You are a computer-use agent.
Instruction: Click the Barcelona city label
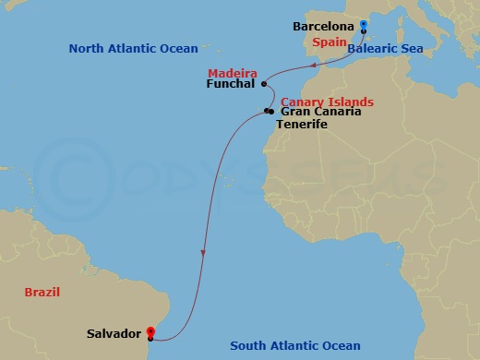[x=323, y=27]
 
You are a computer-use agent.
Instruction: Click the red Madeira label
[x=232, y=71]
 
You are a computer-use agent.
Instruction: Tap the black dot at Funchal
[x=264, y=84]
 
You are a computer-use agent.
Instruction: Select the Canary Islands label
[x=326, y=101]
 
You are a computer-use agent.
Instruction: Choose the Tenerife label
[x=302, y=124]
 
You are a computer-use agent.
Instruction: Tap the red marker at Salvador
[x=150, y=332]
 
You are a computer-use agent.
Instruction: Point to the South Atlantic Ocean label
[x=294, y=346]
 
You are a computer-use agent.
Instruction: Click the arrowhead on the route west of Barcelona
[x=317, y=65]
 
